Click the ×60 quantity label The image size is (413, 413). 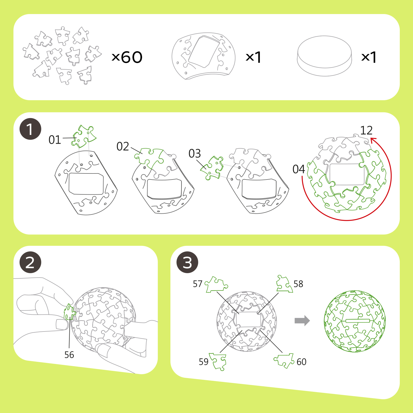pos(127,57)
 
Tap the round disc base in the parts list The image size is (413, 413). pos(325,56)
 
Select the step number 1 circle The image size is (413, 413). pos(30,129)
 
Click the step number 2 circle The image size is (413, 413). pos(30,262)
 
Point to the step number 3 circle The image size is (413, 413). pos(187,262)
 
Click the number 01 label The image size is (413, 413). pos(55,140)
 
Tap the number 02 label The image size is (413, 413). pos(123,146)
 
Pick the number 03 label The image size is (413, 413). pos(195,154)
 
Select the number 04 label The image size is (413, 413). pos(299,169)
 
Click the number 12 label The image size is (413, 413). pos(366,130)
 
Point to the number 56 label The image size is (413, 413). pos(69,355)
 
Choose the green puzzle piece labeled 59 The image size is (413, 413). pos(218,362)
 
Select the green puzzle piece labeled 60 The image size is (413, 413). pos(284,360)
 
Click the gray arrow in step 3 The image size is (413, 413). pos(302,321)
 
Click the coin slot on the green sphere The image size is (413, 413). pos(357,321)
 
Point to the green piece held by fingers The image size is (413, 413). pos(69,312)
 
